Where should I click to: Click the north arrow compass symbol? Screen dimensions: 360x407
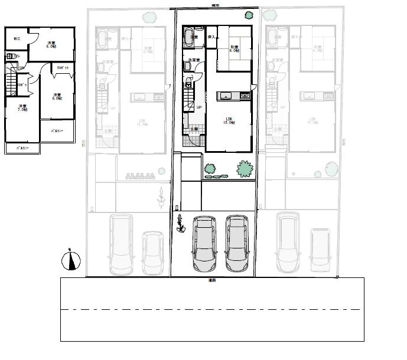(x=71, y=260)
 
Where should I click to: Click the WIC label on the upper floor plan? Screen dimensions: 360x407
(x=17, y=40)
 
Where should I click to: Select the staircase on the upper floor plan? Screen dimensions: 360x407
(x=12, y=81)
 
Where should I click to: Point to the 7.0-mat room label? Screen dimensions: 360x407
(x=22, y=108)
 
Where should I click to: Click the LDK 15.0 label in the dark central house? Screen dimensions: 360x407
(x=229, y=121)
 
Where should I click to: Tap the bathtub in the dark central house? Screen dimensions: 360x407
(x=193, y=40)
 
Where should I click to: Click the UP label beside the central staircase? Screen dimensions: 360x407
(x=199, y=107)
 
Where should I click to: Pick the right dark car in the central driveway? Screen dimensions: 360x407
(x=237, y=243)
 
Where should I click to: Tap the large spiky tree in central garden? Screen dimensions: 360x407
(x=245, y=169)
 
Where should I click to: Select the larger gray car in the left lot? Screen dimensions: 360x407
(x=121, y=244)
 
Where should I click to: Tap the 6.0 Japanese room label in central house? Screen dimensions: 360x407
(x=234, y=49)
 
